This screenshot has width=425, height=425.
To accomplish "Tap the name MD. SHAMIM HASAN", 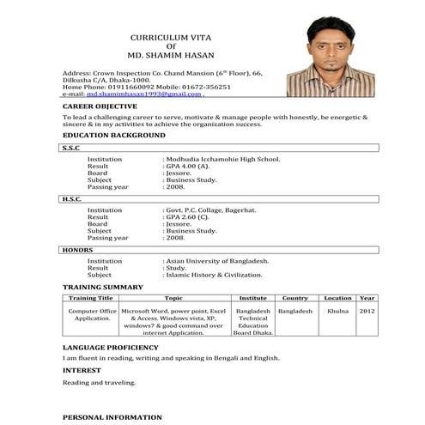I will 169,56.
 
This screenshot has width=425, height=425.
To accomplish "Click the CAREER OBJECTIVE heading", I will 100,105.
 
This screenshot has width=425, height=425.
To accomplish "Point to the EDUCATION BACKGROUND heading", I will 114,136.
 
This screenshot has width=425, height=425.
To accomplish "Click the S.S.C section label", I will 71,148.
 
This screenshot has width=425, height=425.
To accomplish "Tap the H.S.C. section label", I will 72,199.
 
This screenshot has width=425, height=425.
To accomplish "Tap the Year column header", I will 367,297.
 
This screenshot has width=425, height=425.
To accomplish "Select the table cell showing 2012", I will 367,310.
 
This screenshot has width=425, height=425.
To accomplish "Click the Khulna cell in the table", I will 337,310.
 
